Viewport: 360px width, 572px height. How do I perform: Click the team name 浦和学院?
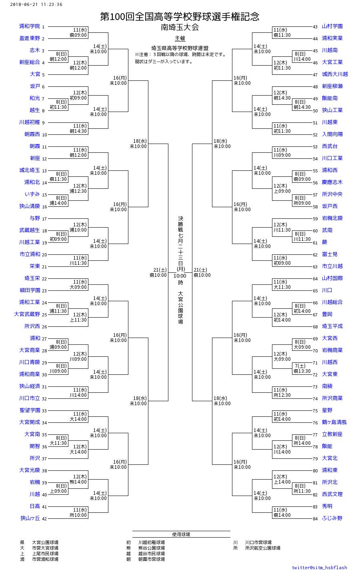click(x=30, y=26)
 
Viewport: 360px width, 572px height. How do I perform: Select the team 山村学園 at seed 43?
click(x=332, y=26)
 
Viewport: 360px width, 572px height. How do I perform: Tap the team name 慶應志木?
click(x=332, y=182)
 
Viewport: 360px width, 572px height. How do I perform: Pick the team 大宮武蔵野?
click(x=27, y=314)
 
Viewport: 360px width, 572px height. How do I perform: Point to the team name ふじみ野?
click(x=332, y=518)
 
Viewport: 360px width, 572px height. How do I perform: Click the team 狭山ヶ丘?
click(x=30, y=518)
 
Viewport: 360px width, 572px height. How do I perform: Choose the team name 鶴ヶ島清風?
click(x=334, y=422)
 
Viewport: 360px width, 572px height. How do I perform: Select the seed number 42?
click(x=44, y=519)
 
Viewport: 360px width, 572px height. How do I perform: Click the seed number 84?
click(x=315, y=519)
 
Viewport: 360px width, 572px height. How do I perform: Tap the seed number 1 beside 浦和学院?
click(x=43, y=27)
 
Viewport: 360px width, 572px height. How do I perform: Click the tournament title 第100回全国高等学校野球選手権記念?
click(x=180, y=16)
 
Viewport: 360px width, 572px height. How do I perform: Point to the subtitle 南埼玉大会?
click(x=180, y=28)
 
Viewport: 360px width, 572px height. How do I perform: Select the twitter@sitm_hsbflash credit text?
click(x=319, y=567)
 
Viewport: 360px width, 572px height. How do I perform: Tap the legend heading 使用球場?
click(x=181, y=534)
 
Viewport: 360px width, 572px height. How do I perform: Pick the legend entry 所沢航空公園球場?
click(x=262, y=548)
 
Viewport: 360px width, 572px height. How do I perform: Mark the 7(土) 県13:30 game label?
click(x=302, y=368)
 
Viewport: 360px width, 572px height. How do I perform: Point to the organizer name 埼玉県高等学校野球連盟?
click(x=180, y=48)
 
